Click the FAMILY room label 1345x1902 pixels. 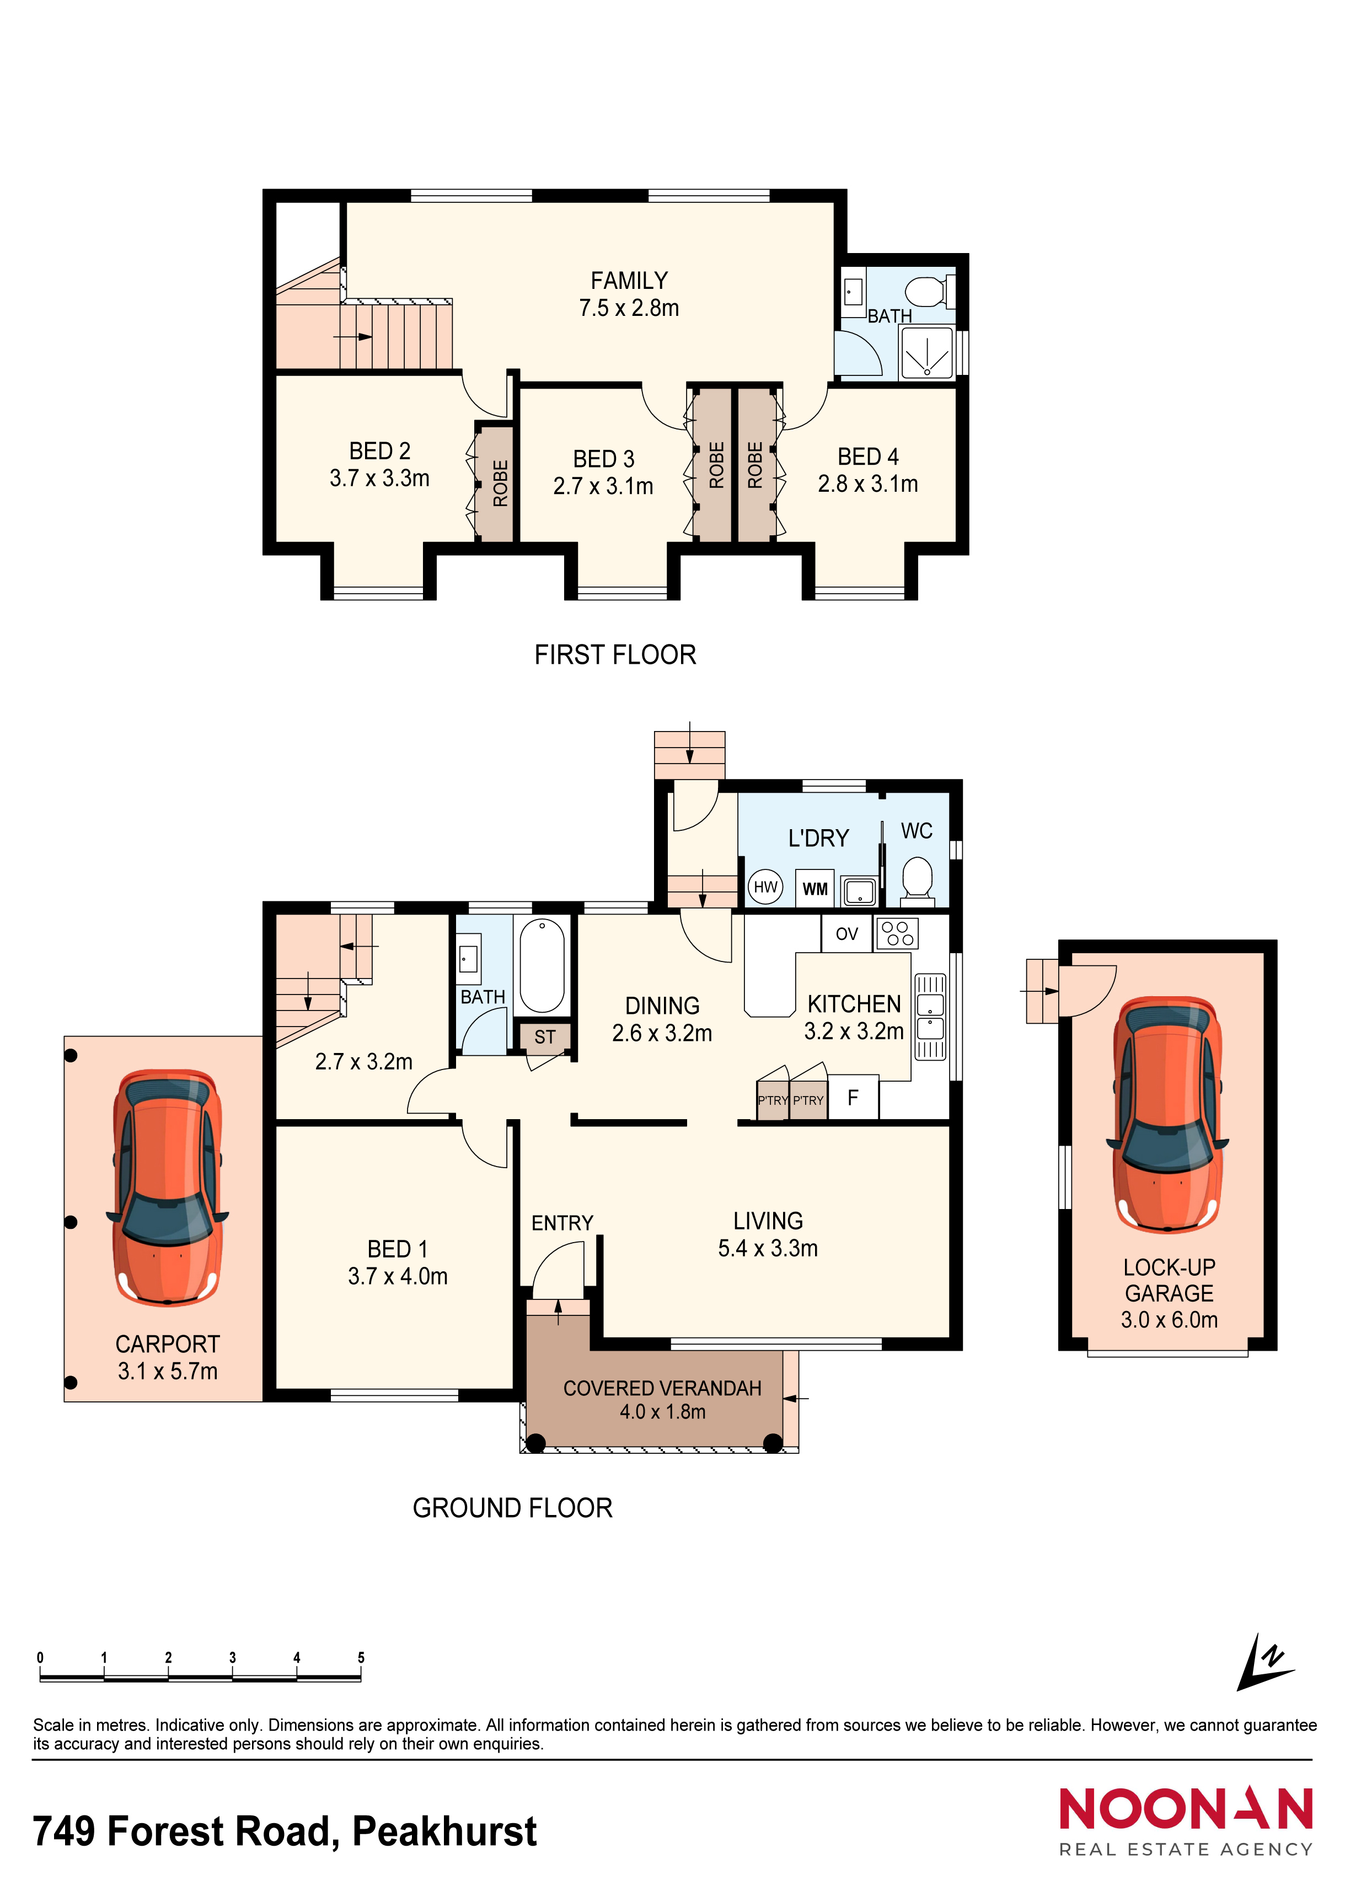click(x=629, y=281)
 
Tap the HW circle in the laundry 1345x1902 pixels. click(x=766, y=887)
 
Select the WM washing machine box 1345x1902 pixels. click(x=814, y=889)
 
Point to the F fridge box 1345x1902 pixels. click(x=853, y=1098)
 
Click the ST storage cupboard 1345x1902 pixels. click(x=544, y=1037)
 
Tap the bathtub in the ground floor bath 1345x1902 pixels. click(x=542, y=966)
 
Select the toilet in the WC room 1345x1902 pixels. click(x=917, y=877)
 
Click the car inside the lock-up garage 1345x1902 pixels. click(x=1167, y=1114)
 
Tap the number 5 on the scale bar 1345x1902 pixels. click(x=361, y=1658)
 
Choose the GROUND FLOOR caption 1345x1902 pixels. click(x=512, y=1508)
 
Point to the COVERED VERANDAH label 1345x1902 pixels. click(x=662, y=1388)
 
